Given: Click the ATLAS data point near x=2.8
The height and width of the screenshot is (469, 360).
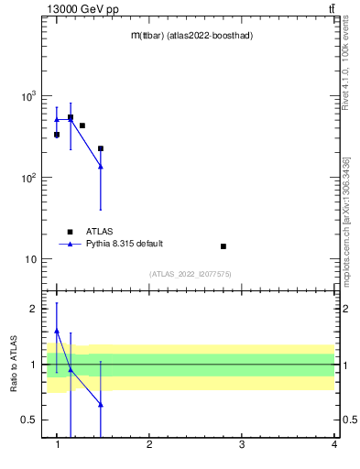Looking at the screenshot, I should [x=224, y=246].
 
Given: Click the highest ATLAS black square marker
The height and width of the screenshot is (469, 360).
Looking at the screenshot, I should [x=71, y=117].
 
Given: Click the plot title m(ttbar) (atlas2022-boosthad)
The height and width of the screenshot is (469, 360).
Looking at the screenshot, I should [x=191, y=36].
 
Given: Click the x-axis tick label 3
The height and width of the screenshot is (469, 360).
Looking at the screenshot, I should [x=242, y=445].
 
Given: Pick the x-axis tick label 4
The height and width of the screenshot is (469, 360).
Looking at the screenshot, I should [x=333, y=445].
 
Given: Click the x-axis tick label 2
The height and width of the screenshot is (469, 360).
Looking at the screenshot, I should [x=149, y=445].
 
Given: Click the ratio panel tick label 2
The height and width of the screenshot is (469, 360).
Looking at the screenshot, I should [x=35, y=309].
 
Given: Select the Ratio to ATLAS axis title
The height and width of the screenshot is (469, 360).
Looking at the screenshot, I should [x=14, y=364].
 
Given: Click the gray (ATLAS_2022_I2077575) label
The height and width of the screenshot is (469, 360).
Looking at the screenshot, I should [x=191, y=274].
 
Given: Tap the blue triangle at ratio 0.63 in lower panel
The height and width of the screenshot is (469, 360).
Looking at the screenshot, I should [x=101, y=404].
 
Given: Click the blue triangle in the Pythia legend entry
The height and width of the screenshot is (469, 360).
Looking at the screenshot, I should [x=70, y=244].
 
